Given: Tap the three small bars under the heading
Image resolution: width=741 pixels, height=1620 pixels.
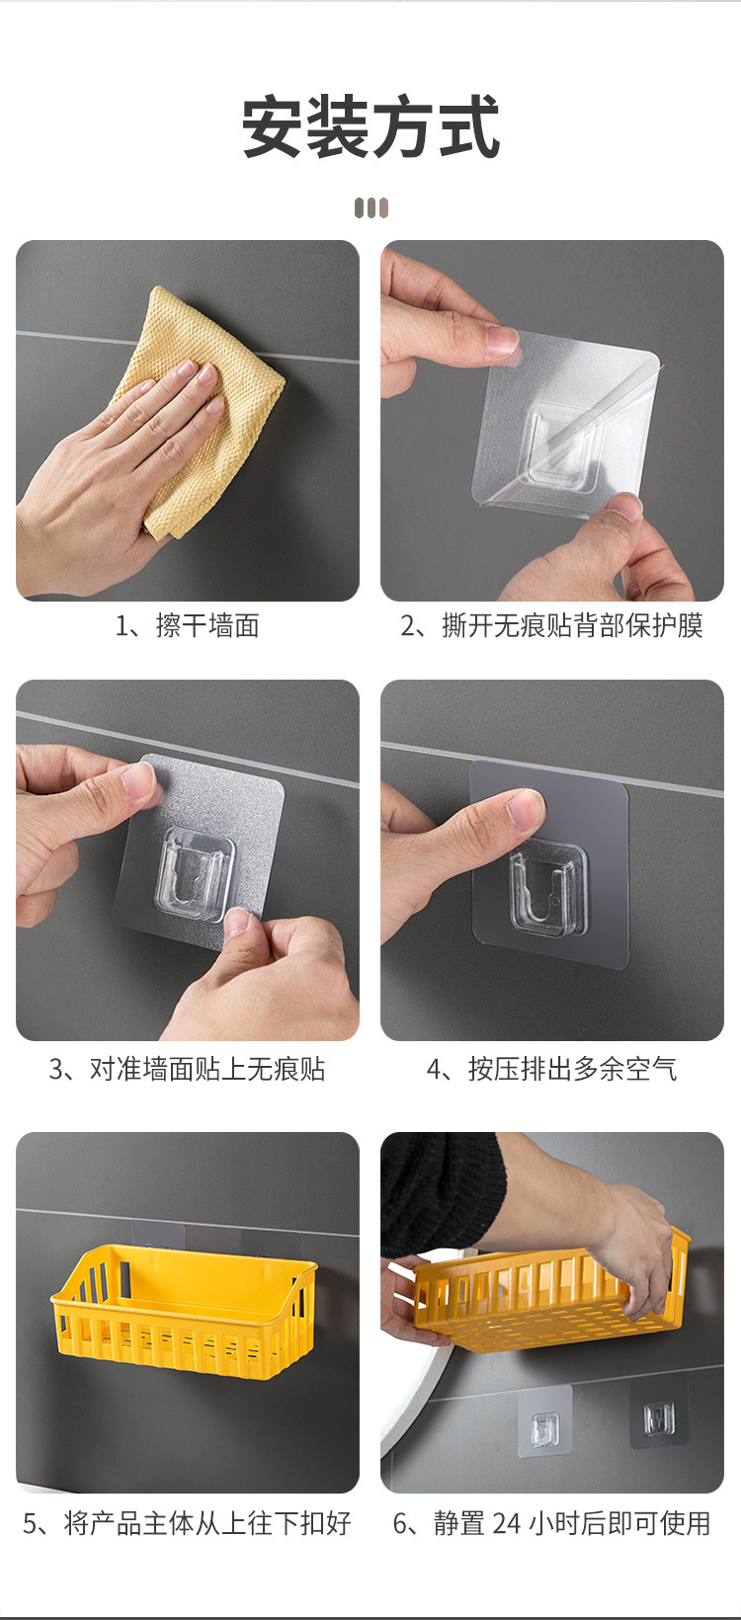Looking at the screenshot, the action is point(371,208).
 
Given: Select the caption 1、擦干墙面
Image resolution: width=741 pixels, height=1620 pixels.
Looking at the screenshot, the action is point(188,625).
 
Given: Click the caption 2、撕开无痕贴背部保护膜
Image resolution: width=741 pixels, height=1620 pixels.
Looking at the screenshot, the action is point(552,625).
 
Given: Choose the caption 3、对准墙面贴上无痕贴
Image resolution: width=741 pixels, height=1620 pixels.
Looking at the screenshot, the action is point(188,1069).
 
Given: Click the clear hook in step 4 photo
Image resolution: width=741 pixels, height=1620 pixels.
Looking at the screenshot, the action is point(547,891).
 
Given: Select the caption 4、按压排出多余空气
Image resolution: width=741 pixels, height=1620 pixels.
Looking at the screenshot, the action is point(552,1069).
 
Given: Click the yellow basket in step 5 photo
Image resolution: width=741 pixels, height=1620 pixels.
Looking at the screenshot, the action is point(184,1308).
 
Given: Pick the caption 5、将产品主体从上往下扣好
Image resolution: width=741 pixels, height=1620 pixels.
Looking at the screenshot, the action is point(188,1523).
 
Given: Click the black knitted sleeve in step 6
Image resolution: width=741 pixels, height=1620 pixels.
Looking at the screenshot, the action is point(442,1186).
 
